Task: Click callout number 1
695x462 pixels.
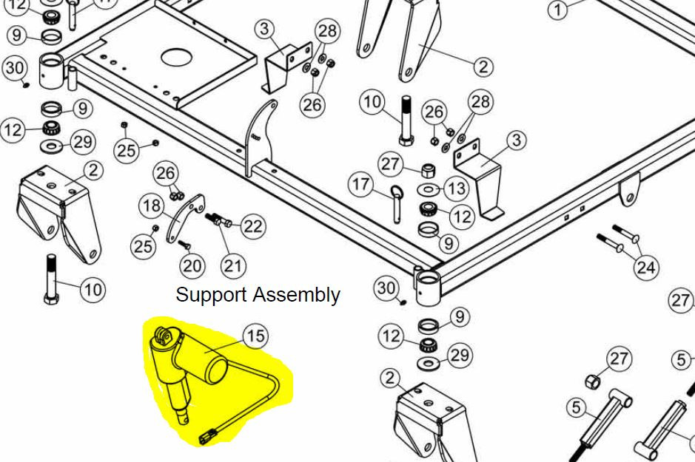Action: coord(559,10)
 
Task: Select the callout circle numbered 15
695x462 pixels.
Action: coord(255,336)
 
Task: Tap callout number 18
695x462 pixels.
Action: coord(152,205)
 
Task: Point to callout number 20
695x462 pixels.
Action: coord(192,265)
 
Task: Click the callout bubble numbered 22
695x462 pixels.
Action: coord(253,225)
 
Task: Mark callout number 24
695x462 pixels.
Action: coord(646,265)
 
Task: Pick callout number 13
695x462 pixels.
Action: coord(457,188)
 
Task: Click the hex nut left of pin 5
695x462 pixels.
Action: coord(593,382)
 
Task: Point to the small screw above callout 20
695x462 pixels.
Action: coord(184,243)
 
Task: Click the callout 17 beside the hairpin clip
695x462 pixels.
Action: coord(362,183)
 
